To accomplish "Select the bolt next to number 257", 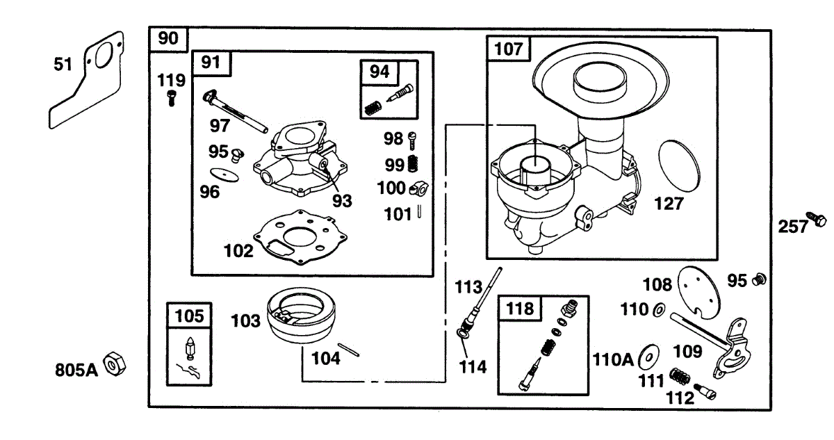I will tap(816, 220).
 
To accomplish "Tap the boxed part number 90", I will tap(167, 39).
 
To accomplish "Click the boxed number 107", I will tap(508, 49).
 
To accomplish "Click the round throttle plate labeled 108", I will tap(699, 286).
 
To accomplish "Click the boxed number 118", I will tap(521, 308).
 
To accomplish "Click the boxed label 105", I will tap(190, 316).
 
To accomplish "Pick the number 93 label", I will tap(341, 201).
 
